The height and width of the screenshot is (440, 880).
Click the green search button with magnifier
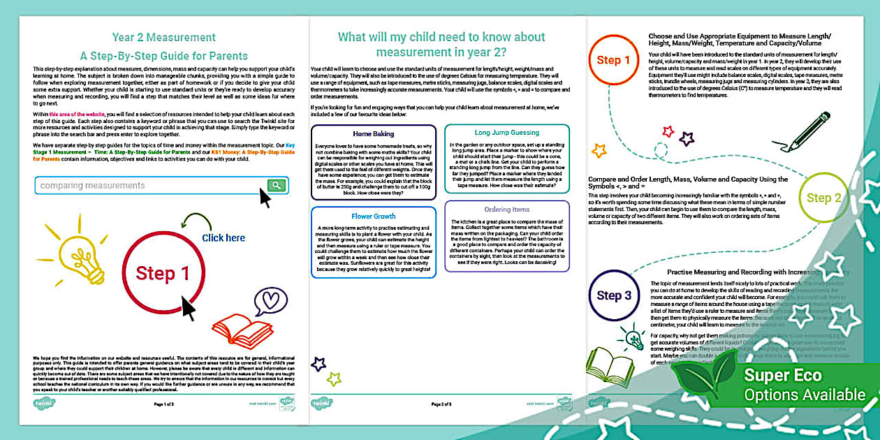277,185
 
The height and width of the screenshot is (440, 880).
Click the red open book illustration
242,330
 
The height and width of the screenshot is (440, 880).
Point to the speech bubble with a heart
270,301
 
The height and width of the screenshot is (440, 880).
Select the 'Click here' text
223,237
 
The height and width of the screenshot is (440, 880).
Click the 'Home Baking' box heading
374,133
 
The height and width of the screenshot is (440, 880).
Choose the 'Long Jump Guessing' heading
507,133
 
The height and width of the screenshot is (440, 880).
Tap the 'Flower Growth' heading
374,217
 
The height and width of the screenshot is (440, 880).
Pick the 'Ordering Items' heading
507,210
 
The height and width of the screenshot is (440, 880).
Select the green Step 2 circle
824,198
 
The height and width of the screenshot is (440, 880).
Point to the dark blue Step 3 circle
614,295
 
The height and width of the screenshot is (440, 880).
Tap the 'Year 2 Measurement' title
164,37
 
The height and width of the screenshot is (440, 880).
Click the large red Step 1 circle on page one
163,273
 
